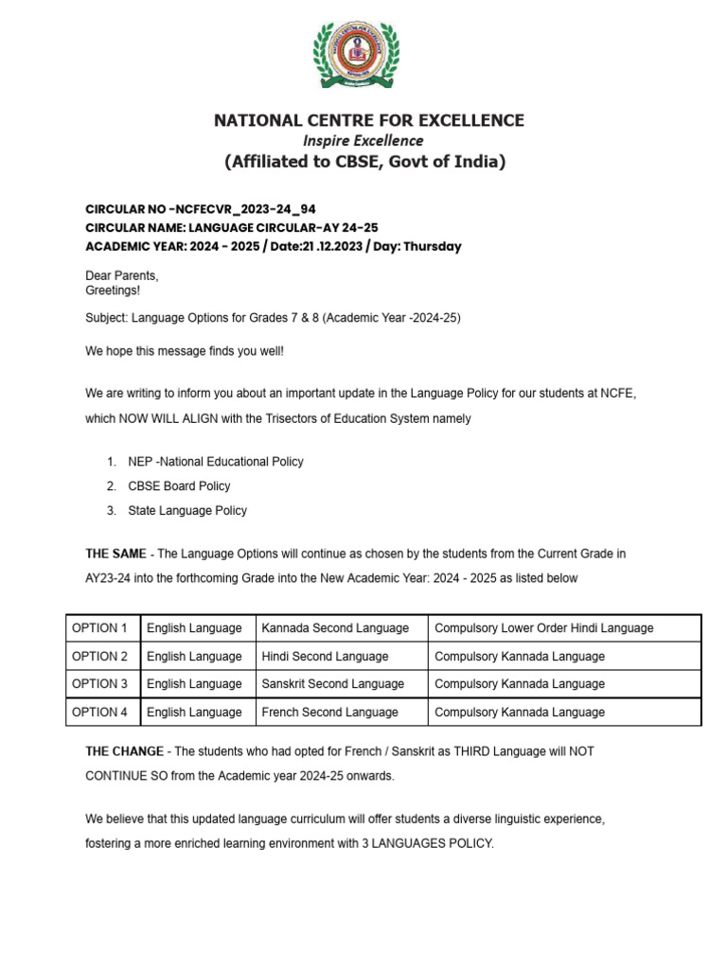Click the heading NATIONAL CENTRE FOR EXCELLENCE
click(369, 120)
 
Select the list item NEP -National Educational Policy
click(216, 462)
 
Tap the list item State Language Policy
click(187, 511)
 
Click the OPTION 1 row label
click(100, 628)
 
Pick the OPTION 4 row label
click(100, 712)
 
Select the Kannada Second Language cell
click(335, 628)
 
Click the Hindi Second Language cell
click(325, 656)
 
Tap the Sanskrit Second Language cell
click(332, 683)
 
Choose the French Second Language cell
click(329, 712)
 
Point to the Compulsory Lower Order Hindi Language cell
click(543, 628)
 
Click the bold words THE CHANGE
click(122, 750)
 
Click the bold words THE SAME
click(115, 554)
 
